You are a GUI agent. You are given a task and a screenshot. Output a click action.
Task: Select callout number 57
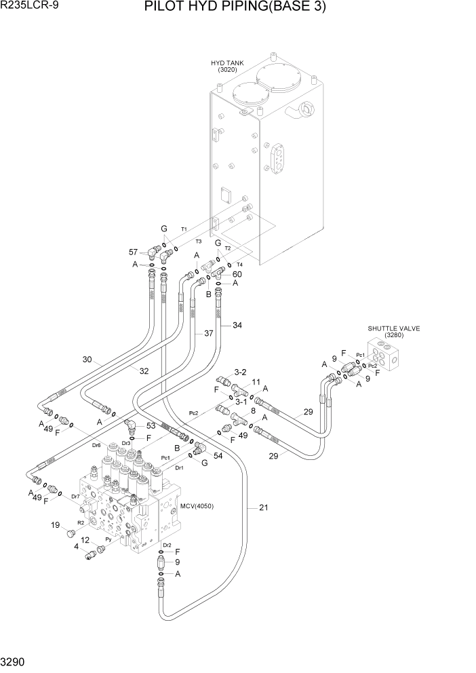pos(134,252)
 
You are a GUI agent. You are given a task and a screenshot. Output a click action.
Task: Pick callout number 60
pos(237,274)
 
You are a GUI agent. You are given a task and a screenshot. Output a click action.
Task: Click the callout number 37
pos(209,333)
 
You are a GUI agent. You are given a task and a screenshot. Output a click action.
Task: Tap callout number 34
pos(237,325)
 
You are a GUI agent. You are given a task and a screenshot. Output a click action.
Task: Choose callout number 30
pos(87,360)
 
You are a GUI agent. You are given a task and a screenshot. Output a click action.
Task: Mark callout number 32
pos(144,371)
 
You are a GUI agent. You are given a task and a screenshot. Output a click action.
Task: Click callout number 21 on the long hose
pos(263,507)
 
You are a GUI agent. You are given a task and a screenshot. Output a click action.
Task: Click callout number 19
pos(56,524)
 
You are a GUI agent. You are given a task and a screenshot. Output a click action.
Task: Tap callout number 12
pos(85,540)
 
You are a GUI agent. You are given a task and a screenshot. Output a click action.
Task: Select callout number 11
pos(256,382)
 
